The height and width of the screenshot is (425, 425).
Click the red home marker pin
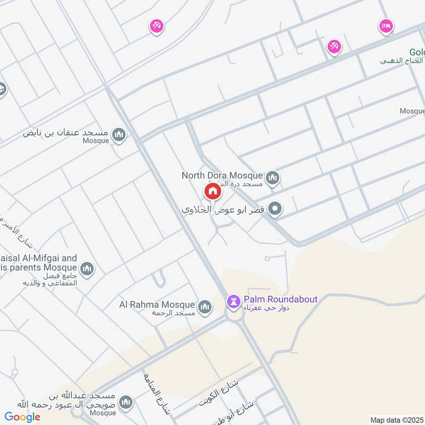point(212,191)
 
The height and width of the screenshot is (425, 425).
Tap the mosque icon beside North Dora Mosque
point(273,177)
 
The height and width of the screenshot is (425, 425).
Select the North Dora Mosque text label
point(222,175)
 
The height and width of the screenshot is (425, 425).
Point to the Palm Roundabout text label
point(280,299)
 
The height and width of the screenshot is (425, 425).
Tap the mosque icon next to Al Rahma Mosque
point(205,307)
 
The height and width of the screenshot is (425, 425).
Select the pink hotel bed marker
point(386,25)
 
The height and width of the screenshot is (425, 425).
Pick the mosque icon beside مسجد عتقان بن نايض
point(119,134)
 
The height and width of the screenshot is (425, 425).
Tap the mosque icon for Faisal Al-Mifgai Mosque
point(87,269)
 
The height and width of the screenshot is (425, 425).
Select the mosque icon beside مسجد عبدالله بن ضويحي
point(126,403)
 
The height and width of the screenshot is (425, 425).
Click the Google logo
point(22,417)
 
